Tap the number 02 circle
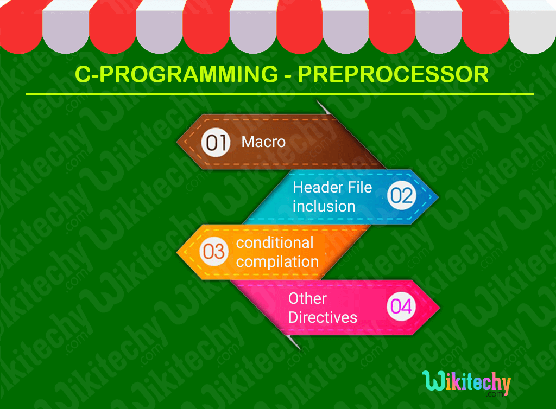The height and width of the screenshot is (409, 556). pyautogui.click(x=401, y=195)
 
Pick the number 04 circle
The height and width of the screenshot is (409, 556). pyautogui.click(x=401, y=307)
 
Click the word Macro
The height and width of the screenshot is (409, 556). pyautogui.click(x=263, y=142)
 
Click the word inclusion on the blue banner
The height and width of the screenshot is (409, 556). pyautogui.click(x=324, y=206)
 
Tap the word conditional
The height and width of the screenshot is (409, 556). pyautogui.click(x=275, y=242)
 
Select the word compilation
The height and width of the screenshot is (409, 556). pyautogui.click(x=277, y=261)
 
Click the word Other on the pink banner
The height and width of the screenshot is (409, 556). pyautogui.click(x=307, y=298)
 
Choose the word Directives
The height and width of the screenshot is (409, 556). pyautogui.click(x=323, y=317)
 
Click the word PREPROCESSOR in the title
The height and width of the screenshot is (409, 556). pyautogui.click(x=394, y=74)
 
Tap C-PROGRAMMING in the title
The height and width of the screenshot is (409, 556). pyautogui.click(x=176, y=74)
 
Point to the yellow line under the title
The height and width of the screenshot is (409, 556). pyautogui.click(x=279, y=94)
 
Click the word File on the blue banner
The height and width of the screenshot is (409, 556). pyautogui.click(x=360, y=187)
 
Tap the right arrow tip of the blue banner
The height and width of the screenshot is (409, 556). pyautogui.click(x=437, y=196)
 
